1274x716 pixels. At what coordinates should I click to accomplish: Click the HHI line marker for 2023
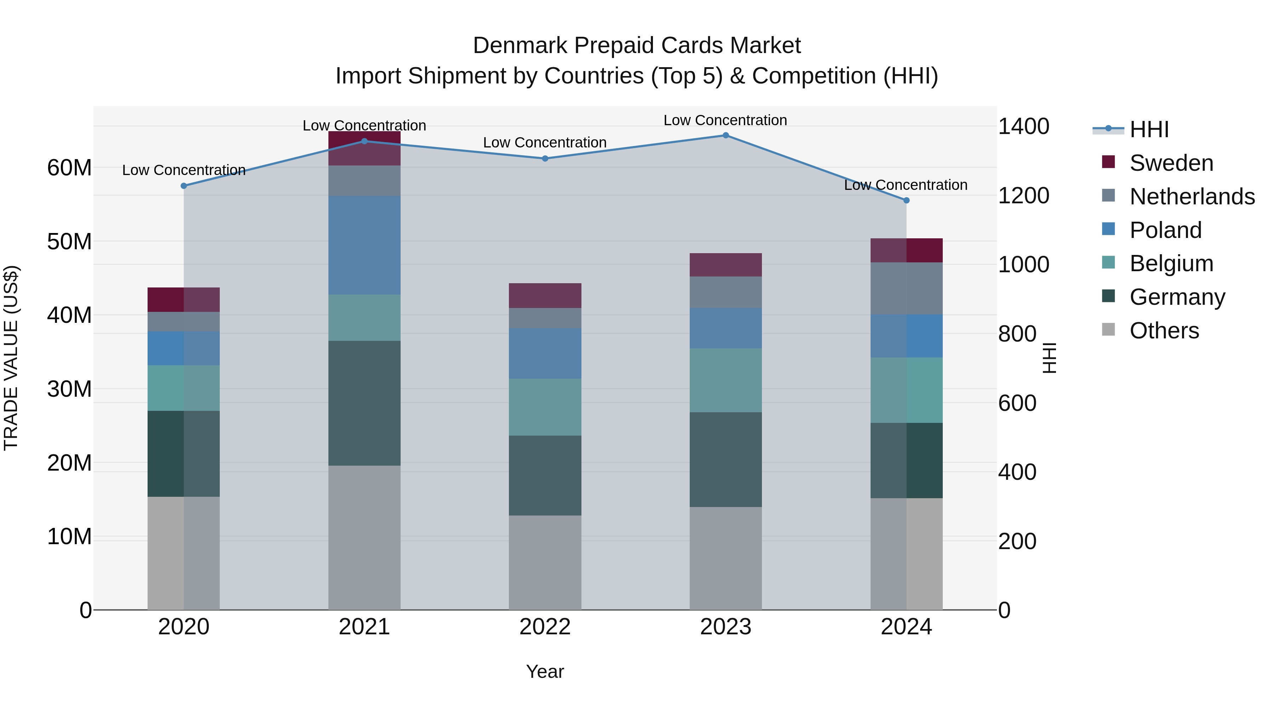pyautogui.click(x=725, y=135)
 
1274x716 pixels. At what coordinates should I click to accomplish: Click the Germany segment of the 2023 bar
pyautogui.click(x=725, y=460)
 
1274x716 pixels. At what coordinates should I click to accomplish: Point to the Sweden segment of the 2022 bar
pyautogui.click(x=545, y=296)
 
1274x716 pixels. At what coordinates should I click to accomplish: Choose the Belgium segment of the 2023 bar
pyautogui.click(x=725, y=380)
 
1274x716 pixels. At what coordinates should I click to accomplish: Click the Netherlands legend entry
pyautogui.click(x=1192, y=197)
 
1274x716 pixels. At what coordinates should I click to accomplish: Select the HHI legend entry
pyautogui.click(x=1149, y=129)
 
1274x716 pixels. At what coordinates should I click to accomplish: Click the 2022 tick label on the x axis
pyautogui.click(x=545, y=627)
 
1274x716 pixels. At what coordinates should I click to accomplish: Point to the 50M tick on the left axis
pyautogui.click(x=69, y=241)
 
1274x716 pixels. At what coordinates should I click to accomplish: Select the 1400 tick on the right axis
pyautogui.click(x=1023, y=127)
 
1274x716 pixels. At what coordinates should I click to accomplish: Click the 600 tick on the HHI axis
pyautogui.click(x=1016, y=403)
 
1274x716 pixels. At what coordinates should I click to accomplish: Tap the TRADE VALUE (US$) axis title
pyautogui.click(x=11, y=358)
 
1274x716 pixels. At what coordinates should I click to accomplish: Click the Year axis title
pyautogui.click(x=545, y=671)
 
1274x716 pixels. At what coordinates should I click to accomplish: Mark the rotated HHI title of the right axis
pyautogui.click(x=1049, y=358)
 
